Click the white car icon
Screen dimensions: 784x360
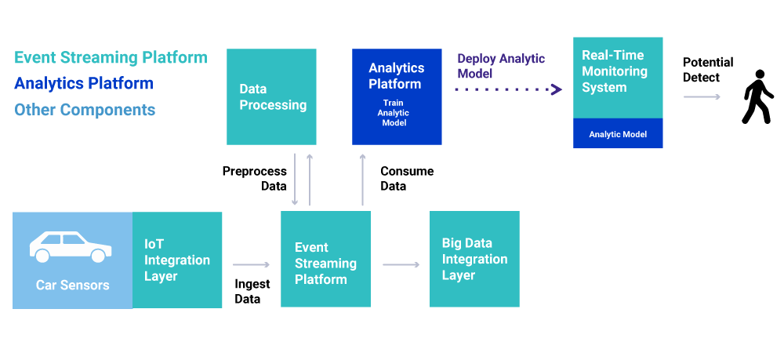(x=71, y=246)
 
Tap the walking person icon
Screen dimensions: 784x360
(x=758, y=96)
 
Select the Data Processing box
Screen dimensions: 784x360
(x=271, y=96)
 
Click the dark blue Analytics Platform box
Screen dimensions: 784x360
(x=397, y=96)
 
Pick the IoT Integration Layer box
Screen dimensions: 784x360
(x=177, y=260)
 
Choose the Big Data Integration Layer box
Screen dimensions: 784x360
(x=474, y=259)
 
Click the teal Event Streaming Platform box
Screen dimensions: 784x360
(x=325, y=259)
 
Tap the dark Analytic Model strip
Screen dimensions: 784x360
(x=618, y=133)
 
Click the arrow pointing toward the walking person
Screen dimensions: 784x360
(x=702, y=96)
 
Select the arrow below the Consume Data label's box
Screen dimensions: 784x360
(x=362, y=180)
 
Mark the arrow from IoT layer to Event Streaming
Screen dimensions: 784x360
(x=251, y=264)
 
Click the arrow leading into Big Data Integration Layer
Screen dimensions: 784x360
(x=401, y=264)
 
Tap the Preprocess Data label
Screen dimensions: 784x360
(x=255, y=179)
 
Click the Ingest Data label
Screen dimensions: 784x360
(x=252, y=292)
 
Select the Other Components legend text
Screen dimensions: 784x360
(x=85, y=110)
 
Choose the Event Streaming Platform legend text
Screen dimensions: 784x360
(x=111, y=57)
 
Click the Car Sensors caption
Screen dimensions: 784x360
(x=72, y=285)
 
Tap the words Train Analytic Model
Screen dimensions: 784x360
(x=393, y=113)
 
